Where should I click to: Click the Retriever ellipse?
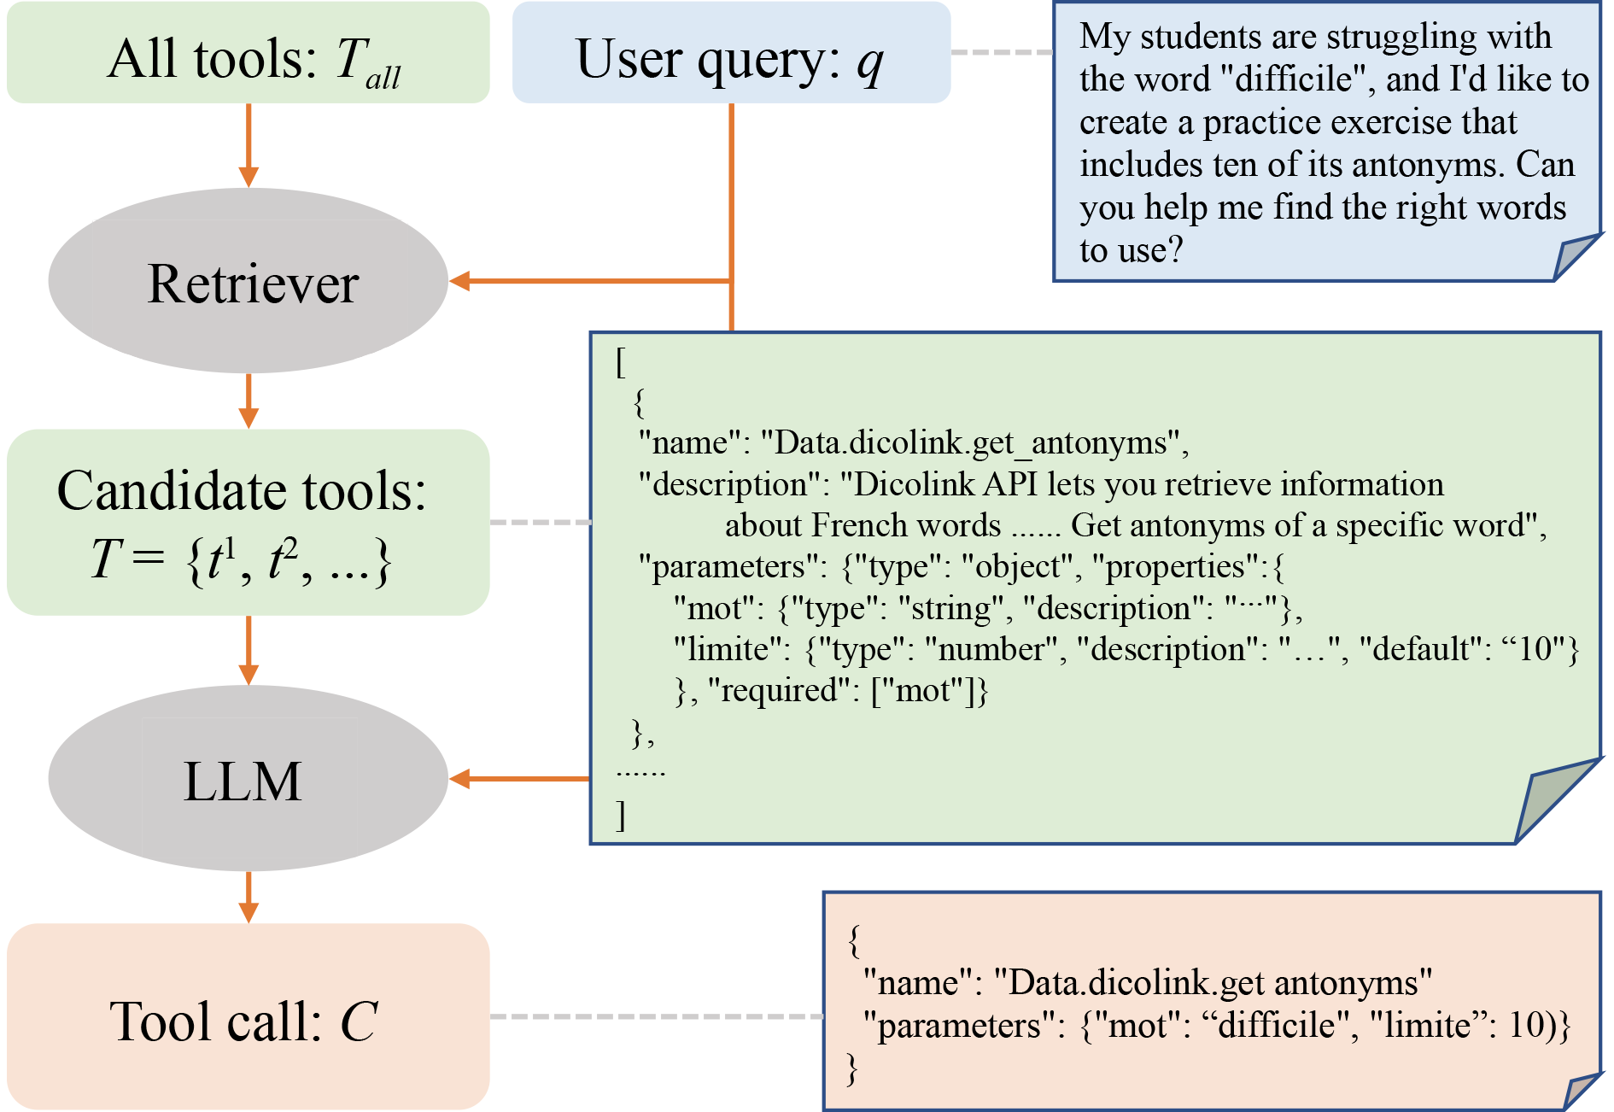tap(248, 281)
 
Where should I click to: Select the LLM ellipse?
tap(248, 778)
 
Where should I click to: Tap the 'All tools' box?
tap(248, 53)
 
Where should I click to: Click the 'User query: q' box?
tap(731, 53)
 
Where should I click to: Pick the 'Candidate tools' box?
tap(248, 522)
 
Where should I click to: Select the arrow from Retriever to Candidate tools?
tap(249, 401)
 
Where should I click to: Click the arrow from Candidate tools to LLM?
tap(249, 650)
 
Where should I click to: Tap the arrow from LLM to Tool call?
tap(249, 897)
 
